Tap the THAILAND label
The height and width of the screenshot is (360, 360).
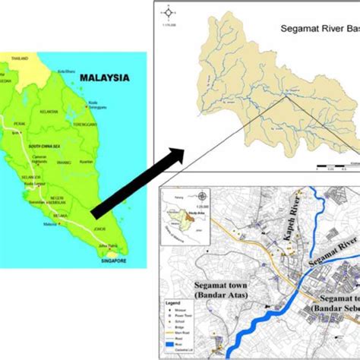pos(20,58)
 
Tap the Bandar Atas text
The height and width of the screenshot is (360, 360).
pos(216,292)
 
